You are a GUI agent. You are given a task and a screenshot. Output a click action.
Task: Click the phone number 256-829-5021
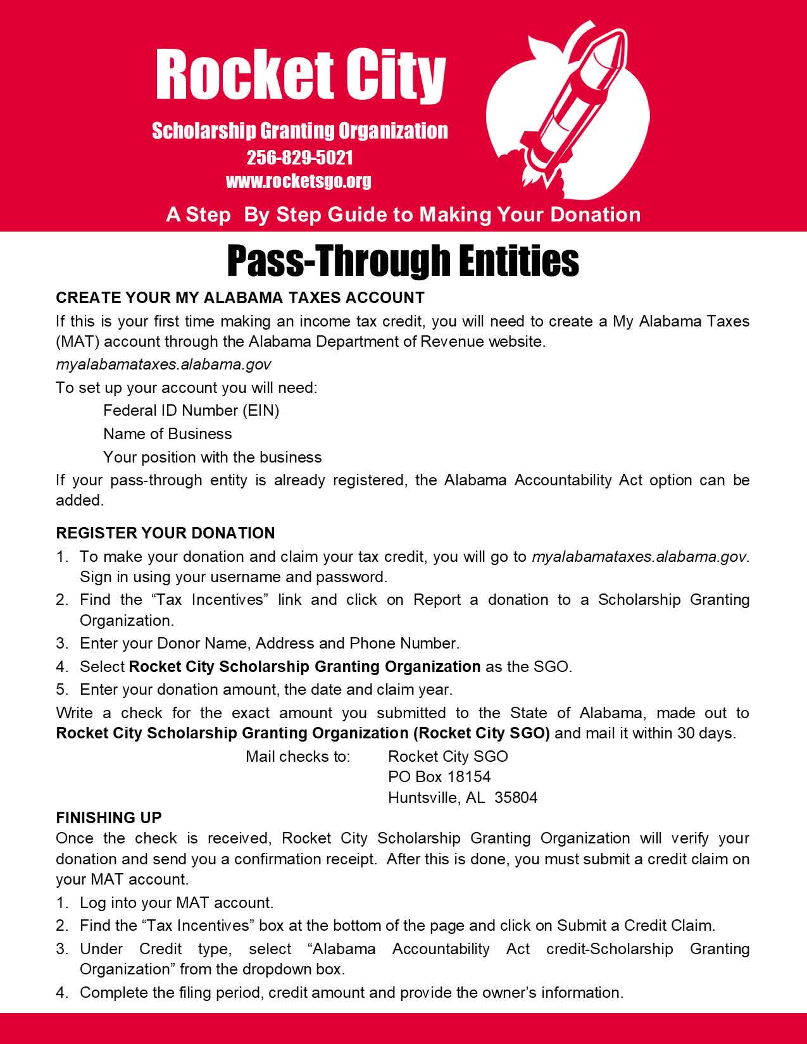[299, 157]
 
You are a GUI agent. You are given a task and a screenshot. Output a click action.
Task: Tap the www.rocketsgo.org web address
[298, 181]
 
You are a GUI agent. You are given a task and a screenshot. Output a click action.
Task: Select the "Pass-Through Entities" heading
[403, 261]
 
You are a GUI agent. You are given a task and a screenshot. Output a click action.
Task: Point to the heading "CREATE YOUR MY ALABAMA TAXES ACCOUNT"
[240, 297]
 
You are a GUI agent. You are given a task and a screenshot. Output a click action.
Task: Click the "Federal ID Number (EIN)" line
[191, 411]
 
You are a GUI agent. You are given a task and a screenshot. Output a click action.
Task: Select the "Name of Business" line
[167, 434]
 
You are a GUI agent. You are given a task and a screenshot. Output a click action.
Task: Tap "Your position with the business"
[212, 457]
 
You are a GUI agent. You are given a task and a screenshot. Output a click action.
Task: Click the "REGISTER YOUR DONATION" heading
[165, 533]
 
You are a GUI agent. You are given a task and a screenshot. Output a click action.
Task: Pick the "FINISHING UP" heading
[109, 817]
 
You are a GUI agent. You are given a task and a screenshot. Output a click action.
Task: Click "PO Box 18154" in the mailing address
[439, 777]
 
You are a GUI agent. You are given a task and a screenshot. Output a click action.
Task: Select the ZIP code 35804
[516, 797]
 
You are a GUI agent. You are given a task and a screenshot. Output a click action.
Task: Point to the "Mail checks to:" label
[297, 756]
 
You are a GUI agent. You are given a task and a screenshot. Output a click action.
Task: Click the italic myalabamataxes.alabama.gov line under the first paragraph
[163, 364]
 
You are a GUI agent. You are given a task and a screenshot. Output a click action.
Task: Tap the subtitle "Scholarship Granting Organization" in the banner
[299, 131]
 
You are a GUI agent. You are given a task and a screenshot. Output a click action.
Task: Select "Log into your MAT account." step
[176, 903]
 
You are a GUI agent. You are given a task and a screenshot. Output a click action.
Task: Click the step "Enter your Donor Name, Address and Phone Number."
[269, 643]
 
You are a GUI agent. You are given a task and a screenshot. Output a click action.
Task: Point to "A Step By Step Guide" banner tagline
[403, 214]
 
